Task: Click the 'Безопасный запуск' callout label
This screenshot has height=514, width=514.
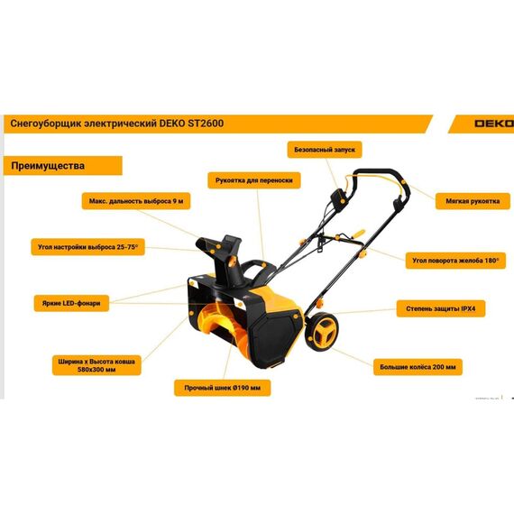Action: click(x=325, y=150)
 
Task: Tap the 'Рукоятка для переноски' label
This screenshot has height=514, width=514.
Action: click(x=254, y=180)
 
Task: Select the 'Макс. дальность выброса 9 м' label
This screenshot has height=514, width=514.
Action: click(x=136, y=201)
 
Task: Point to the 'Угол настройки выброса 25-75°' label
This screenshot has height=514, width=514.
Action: click(x=87, y=247)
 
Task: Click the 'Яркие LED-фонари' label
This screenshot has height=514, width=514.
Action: click(x=71, y=303)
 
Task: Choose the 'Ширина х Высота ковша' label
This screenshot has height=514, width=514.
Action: click(x=96, y=362)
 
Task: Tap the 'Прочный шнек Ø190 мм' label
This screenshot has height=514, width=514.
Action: click(x=222, y=388)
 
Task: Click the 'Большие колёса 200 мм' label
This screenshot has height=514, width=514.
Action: click(x=418, y=367)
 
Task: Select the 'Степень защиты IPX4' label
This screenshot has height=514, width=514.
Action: click(x=441, y=308)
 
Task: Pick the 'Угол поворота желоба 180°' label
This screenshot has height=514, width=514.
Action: click(x=455, y=261)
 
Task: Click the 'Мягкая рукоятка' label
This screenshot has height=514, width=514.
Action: click(x=473, y=201)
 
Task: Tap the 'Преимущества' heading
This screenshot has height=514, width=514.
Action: click(x=48, y=166)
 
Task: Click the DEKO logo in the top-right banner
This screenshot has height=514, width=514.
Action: click(x=494, y=124)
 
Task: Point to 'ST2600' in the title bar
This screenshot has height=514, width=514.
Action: click(x=206, y=124)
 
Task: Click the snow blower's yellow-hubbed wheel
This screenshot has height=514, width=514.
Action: click(x=322, y=332)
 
